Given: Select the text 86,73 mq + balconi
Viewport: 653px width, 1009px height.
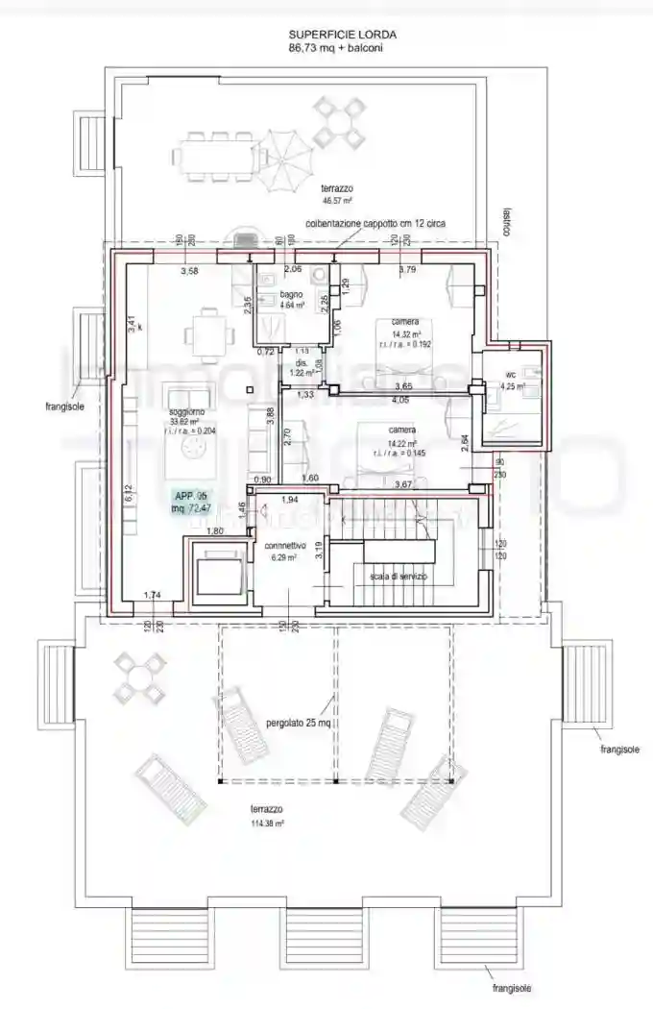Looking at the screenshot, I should [328, 46].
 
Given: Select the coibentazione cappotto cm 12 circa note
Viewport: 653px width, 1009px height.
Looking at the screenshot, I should [375, 223].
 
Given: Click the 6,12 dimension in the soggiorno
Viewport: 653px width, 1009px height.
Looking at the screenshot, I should [129, 492].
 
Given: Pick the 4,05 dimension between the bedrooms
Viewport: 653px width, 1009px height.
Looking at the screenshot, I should [401, 398].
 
